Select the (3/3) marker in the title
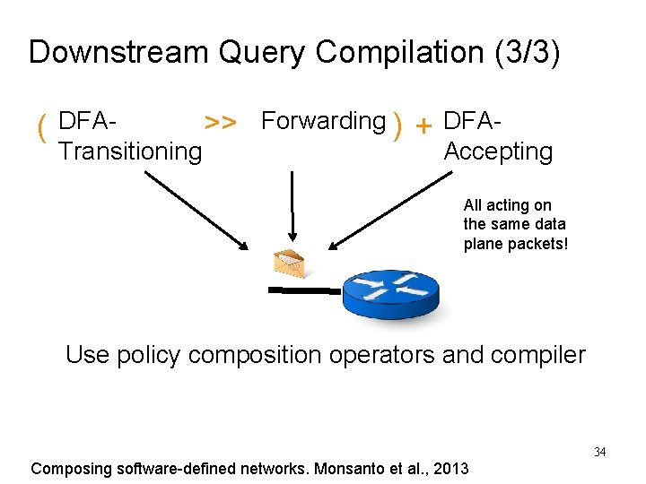click(x=527, y=52)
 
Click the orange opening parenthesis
click(x=41, y=130)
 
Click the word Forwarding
click(x=323, y=121)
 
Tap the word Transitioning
click(x=130, y=151)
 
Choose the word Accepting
click(x=498, y=151)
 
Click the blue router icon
click(x=391, y=294)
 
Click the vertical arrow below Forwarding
click(x=291, y=206)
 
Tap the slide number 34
click(x=599, y=452)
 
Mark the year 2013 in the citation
click(x=451, y=468)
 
